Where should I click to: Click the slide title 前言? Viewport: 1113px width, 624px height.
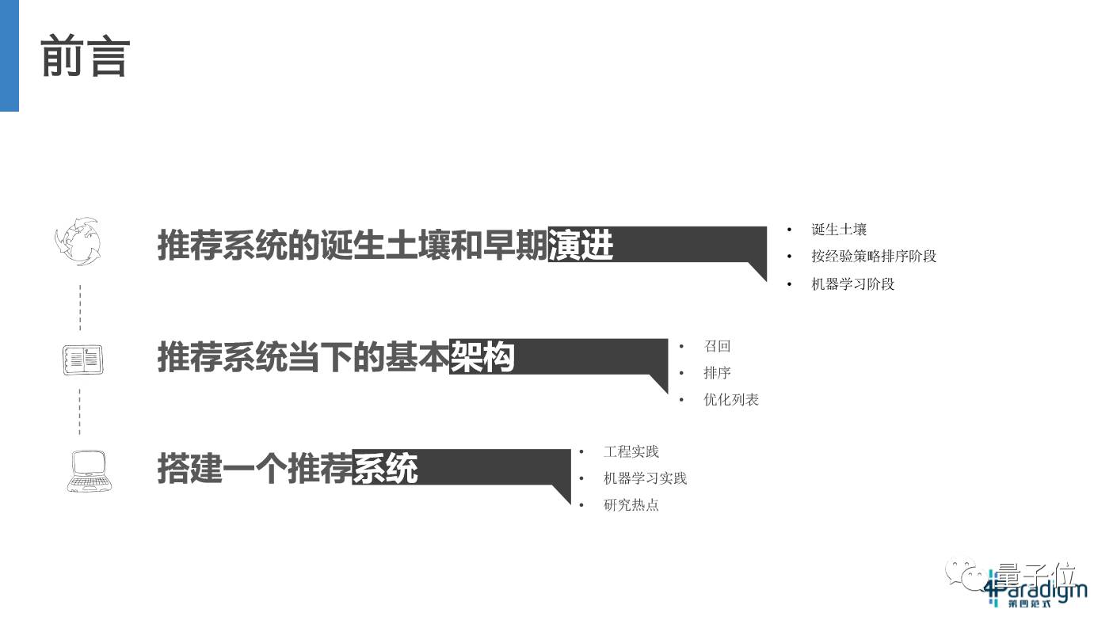pos(85,56)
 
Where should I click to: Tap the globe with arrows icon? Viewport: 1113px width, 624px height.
pos(78,242)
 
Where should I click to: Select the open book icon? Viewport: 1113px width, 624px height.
pos(83,360)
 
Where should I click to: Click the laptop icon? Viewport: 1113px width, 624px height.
pos(86,470)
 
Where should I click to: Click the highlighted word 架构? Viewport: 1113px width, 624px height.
pos(482,357)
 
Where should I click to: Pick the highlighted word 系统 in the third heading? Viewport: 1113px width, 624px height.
pos(385,468)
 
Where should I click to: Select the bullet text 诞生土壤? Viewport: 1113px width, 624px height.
pos(839,230)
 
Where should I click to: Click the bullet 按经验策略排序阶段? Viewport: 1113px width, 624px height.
pos(874,257)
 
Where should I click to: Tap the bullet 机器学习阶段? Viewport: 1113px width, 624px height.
pos(852,283)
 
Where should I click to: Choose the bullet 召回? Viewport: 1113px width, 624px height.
pos(717,346)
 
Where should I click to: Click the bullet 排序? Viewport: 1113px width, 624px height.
pos(717,373)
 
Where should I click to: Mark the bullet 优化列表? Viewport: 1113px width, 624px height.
pos(731,400)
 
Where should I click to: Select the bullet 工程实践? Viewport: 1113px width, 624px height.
pos(631,451)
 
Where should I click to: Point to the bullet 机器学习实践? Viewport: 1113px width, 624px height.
pos(645,478)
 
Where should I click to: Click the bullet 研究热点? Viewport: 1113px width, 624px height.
pos(631,505)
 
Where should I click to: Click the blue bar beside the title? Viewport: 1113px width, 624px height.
pos(9,55)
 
